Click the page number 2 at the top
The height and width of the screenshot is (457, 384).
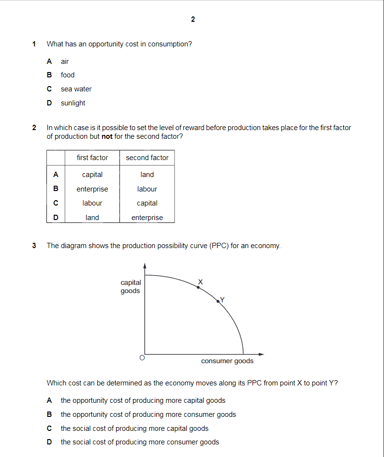[193, 19]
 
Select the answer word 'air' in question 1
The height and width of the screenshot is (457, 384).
[65, 61]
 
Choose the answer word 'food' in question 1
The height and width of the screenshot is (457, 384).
[68, 75]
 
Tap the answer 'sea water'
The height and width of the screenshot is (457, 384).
[76, 89]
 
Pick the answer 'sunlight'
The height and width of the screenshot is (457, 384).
[73, 103]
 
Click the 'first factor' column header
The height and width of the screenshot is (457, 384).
[92, 158]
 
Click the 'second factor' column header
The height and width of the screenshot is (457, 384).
[147, 158]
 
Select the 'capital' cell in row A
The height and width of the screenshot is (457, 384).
[92, 175]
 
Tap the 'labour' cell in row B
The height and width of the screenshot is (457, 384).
[147, 189]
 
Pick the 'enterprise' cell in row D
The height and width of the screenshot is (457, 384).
[147, 218]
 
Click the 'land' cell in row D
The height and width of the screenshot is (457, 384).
[92, 218]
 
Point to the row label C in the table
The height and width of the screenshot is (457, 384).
[56, 203]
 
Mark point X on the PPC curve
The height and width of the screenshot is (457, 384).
[198, 287]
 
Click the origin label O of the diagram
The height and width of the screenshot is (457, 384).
[142, 358]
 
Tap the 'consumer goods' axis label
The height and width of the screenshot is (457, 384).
[227, 361]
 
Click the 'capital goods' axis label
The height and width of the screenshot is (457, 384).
[131, 286]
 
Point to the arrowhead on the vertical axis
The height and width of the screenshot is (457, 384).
[145, 265]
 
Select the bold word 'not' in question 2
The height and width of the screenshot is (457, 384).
[107, 136]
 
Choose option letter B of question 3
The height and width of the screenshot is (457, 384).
[49, 414]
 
